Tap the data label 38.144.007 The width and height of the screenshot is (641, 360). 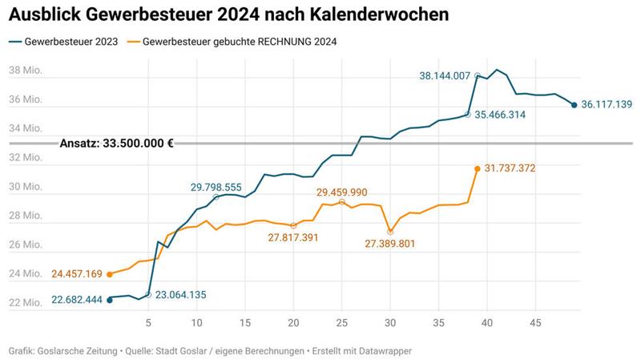(x=445, y=76)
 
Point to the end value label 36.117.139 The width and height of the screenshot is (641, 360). (x=607, y=104)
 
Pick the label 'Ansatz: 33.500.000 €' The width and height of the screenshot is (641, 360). (x=117, y=144)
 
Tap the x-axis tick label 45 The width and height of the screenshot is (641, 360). (x=535, y=323)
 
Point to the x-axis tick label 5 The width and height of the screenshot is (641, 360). (x=148, y=323)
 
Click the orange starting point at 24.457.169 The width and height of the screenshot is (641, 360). (x=110, y=274)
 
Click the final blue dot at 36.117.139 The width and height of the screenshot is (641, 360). (x=574, y=104)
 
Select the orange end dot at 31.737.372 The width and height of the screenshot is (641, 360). (x=478, y=168)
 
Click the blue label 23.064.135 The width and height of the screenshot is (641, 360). (x=180, y=294)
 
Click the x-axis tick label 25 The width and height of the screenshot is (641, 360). (x=342, y=323)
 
